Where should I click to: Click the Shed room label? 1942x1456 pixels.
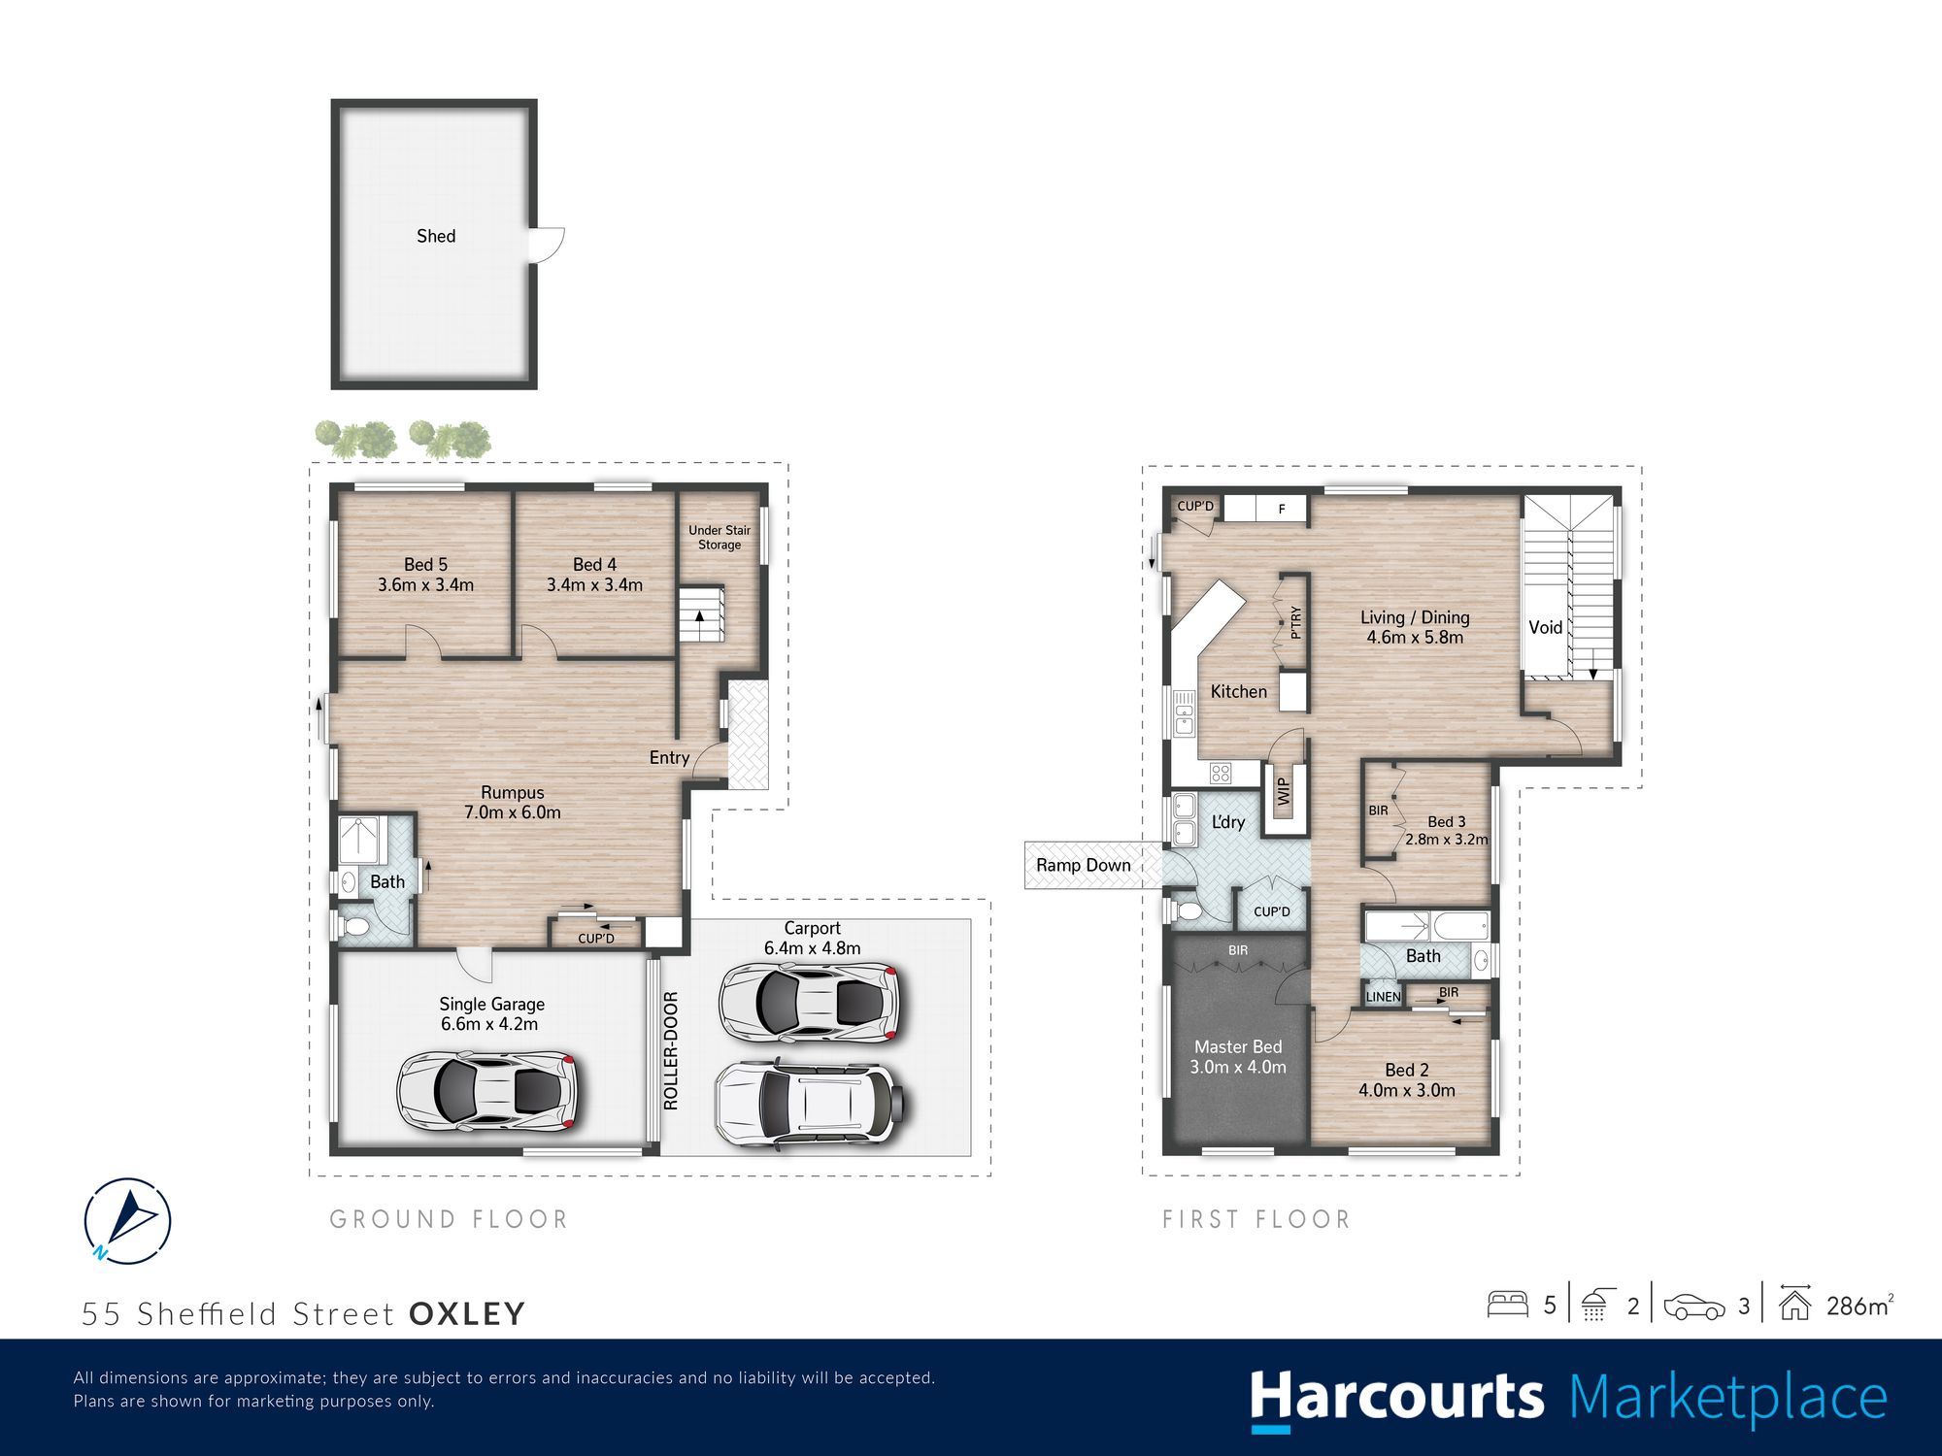pos(436,236)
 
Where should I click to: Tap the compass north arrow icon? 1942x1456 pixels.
pos(127,1220)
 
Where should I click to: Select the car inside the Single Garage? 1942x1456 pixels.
pos(488,1091)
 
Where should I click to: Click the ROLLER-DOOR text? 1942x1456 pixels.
pos(670,1050)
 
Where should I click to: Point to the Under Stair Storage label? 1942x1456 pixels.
pos(720,538)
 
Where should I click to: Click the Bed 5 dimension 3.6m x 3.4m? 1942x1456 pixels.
pos(425,585)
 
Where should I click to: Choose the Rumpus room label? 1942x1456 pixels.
pos(513,793)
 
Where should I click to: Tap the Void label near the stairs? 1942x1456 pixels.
pos(1545,627)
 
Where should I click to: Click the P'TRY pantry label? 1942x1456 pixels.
pos(1295,622)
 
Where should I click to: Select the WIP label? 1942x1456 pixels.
pos(1284,791)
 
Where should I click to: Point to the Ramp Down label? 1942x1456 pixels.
pos(1084,865)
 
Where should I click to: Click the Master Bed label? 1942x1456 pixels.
pos(1238,1046)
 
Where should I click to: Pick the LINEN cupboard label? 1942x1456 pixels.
pos(1384,997)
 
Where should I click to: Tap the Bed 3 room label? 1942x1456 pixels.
pos(1447,822)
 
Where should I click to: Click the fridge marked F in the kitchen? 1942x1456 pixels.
pos(1282,509)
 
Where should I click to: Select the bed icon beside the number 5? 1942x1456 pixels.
pos(1508,1304)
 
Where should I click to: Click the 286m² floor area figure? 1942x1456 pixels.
pos(1859,1306)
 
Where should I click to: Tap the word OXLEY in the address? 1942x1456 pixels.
pos(467,1314)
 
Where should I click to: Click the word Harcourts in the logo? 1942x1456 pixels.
pos(1396,1399)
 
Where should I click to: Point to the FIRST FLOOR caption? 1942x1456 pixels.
pos(1256,1219)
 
